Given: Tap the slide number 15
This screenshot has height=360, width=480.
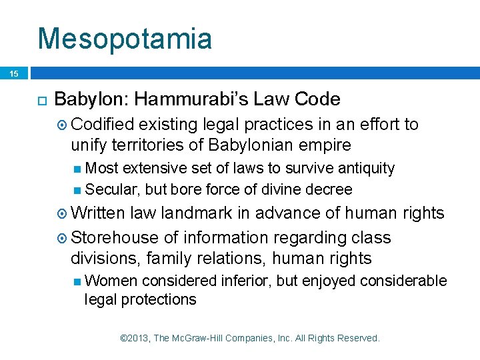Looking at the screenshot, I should pyautogui.click(x=14, y=73).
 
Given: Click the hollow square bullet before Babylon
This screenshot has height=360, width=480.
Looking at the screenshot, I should pyautogui.click(x=39, y=101).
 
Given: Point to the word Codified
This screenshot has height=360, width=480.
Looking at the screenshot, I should pyautogui.click(x=102, y=125).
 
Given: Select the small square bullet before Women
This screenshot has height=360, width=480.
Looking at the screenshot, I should pyautogui.click(x=78, y=281).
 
